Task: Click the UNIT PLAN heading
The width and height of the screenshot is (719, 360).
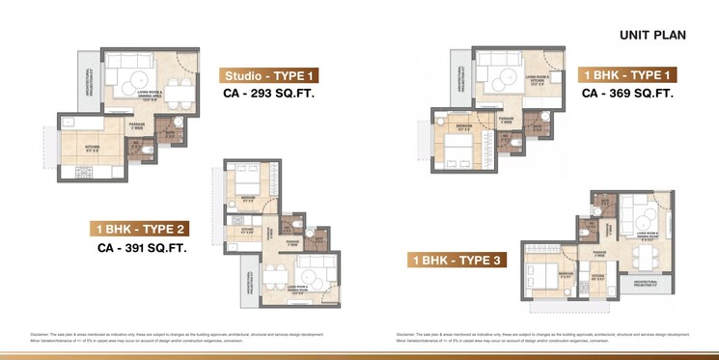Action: coord(651,35)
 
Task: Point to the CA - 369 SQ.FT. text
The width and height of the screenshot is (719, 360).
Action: coord(626,94)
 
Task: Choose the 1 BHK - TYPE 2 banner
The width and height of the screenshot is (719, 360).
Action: coord(141,230)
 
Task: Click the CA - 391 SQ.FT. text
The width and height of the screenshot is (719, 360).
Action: coord(141,248)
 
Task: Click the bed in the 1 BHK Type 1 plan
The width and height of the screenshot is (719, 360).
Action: coord(453,147)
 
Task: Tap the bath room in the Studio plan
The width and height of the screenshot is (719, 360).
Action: coord(172,136)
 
